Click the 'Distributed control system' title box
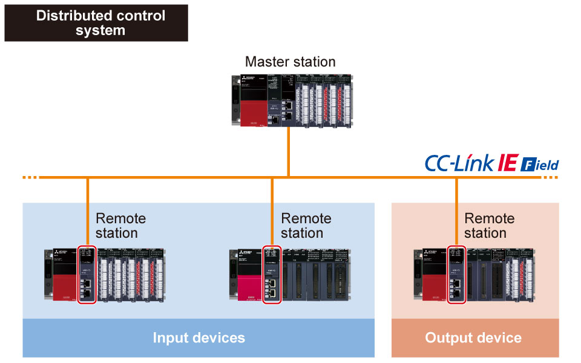click(x=96, y=23)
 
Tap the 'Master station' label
click(x=290, y=62)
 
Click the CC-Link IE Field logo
click(x=491, y=163)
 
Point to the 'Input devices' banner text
click(x=199, y=338)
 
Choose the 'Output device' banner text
click(x=473, y=338)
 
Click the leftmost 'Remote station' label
click(x=121, y=226)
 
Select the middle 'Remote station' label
click(x=306, y=226)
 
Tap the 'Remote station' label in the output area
click(x=490, y=226)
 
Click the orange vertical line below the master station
click(x=289, y=151)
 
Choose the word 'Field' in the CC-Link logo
click(x=540, y=165)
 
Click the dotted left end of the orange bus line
click(x=30, y=178)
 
